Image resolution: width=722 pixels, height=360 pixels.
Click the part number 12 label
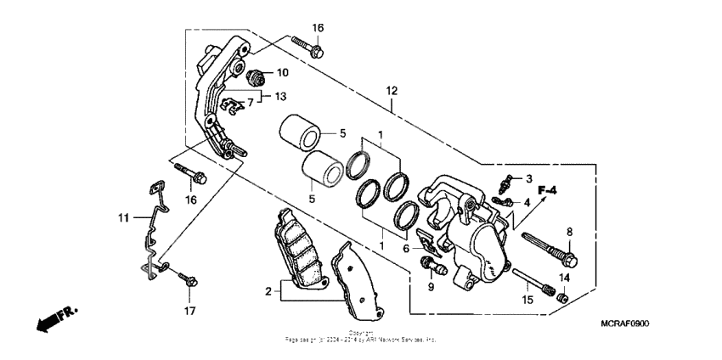[392, 91]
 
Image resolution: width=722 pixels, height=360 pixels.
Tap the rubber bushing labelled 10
[256, 76]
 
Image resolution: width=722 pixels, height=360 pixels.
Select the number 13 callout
[281, 96]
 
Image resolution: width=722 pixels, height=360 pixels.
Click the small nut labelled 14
[560, 296]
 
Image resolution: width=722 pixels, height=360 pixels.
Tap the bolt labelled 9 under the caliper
[434, 270]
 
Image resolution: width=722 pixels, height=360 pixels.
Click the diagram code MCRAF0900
[630, 324]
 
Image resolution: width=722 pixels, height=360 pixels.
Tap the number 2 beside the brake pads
[268, 292]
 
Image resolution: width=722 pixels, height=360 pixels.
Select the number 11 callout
[122, 217]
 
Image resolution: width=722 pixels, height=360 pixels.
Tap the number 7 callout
[251, 103]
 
